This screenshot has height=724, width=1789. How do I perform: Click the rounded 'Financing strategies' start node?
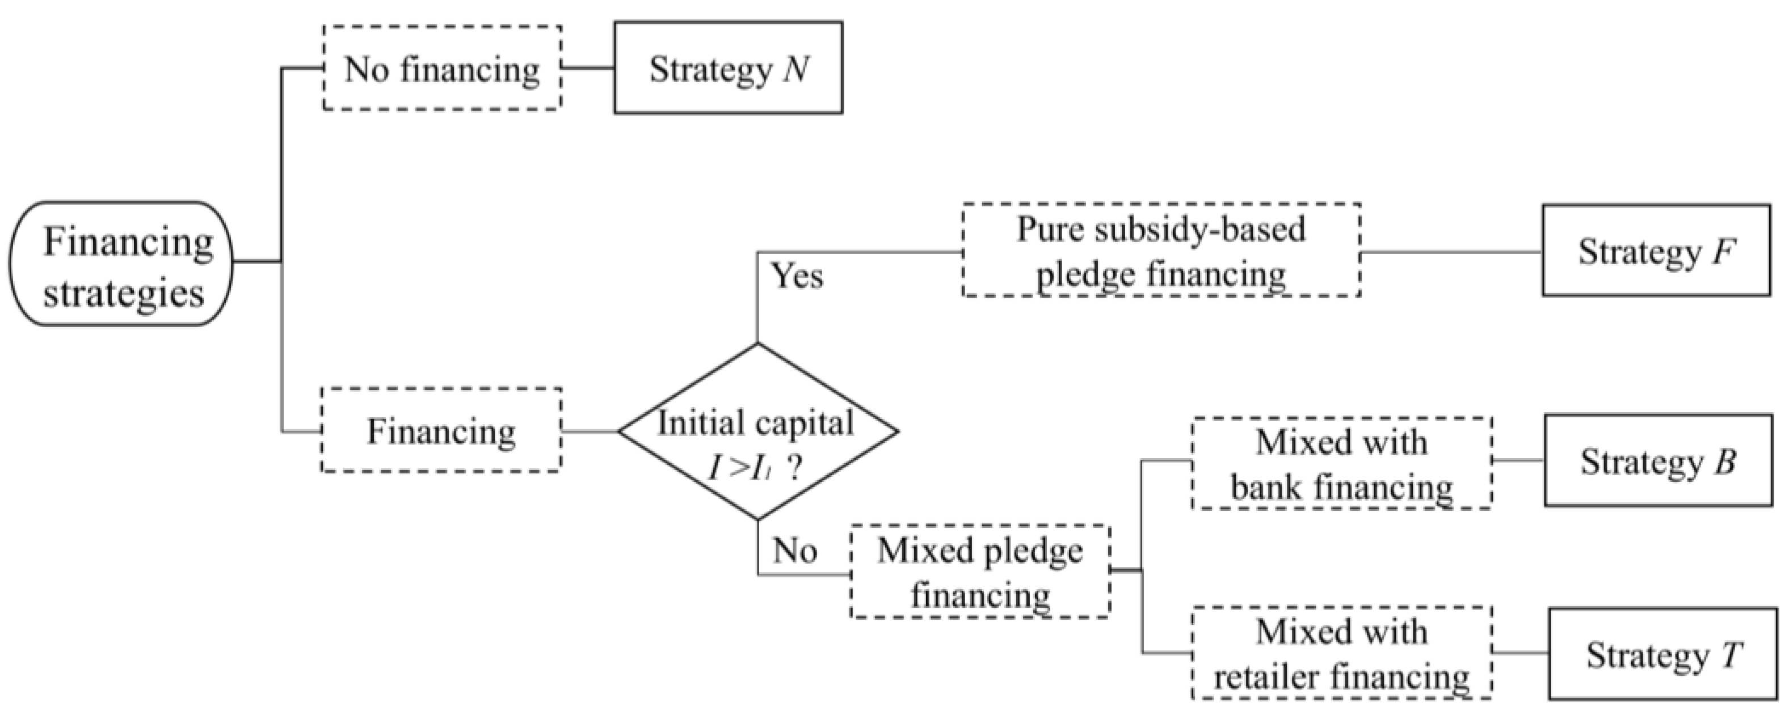121,264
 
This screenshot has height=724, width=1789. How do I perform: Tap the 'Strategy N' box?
728,68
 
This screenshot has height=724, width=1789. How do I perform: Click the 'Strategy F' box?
1656,251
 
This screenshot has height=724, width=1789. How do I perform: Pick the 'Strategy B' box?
1658,461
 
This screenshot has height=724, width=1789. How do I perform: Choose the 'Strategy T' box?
1662,654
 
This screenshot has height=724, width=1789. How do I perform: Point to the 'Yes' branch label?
798,276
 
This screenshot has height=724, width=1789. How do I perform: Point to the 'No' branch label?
795,551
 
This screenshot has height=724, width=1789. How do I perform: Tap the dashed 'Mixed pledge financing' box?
980,572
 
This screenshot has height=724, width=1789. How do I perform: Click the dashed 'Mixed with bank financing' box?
1342,464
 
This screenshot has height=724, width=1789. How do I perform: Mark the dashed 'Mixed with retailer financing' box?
1342,653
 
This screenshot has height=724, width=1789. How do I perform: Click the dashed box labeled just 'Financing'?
441,431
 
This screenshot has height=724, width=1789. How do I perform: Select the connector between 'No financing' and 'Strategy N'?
587,68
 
